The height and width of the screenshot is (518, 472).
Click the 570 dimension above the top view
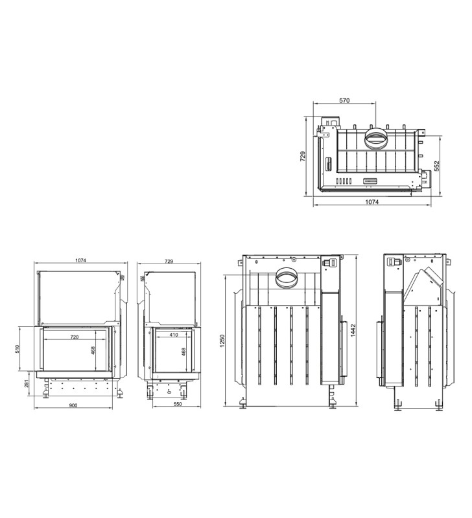click(x=344, y=100)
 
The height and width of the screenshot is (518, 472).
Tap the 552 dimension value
click(x=436, y=166)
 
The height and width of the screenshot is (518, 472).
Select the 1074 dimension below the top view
click(x=372, y=202)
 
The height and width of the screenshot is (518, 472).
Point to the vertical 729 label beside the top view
click(x=303, y=156)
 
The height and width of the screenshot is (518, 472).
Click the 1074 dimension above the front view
click(x=80, y=260)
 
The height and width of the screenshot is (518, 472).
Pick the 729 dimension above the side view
click(x=169, y=262)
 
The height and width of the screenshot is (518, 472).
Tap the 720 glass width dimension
click(x=75, y=337)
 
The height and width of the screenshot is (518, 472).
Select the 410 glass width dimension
click(x=174, y=335)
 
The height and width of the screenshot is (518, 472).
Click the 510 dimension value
click(x=18, y=349)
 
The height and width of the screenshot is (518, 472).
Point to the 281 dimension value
click(x=27, y=383)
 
